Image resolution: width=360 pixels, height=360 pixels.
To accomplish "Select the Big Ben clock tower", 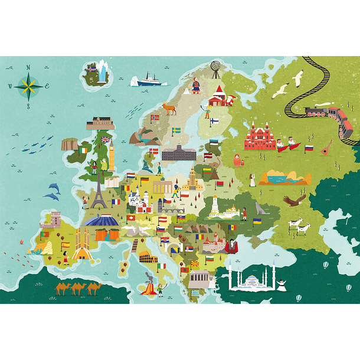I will (x=111, y=156).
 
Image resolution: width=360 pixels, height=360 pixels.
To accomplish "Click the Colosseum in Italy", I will (x=147, y=257).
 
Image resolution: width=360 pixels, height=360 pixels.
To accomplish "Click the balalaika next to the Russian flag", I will (x=326, y=148).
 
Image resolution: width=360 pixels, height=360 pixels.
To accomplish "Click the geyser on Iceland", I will (x=104, y=71).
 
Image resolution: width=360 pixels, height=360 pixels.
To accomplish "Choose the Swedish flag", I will (x=176, y=130).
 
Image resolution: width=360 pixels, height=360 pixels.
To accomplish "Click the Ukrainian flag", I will (x=257, y=221).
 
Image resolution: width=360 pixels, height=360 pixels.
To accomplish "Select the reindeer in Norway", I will (x=169, y=107).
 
